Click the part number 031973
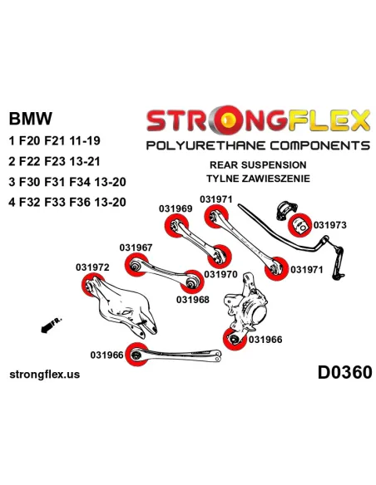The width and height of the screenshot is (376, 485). click(329, 225)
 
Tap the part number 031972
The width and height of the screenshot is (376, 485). click(92, 267)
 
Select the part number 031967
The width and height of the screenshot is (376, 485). click(136, 247)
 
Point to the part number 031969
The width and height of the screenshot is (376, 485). click(176, 208)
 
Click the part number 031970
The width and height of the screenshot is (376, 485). click(220, 274)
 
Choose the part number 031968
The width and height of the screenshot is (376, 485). click(193, 300)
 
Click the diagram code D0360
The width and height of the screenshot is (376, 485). click(344, 372)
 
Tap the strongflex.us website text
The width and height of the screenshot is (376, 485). click(45, 375)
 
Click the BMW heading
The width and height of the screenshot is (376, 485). click(30, 119)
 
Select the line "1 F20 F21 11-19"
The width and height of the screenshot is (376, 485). click(55, 141)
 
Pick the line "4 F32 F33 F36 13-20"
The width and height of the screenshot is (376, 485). click(67, 203)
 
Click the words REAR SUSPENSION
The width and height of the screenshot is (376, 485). click(258, 165)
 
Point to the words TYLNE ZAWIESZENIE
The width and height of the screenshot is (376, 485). click(258, 179)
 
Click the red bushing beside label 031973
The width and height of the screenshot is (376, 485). click(299, 225)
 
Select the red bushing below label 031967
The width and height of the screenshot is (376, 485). click(136, 265)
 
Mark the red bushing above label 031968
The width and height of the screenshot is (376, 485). click(192, 282)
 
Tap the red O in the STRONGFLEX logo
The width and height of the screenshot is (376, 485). click(229, 120)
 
